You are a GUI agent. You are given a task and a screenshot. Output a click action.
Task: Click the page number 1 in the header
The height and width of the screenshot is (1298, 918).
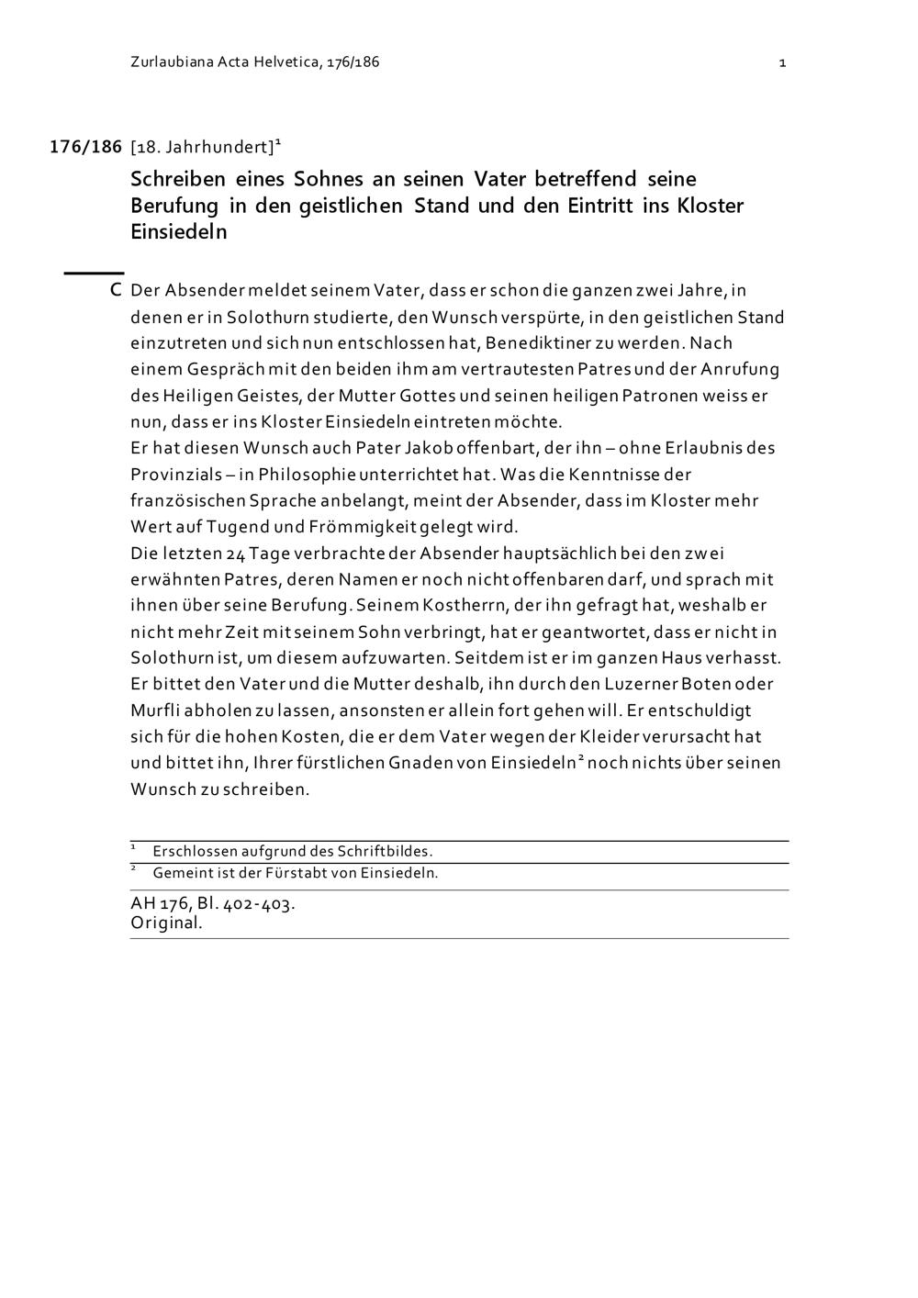[x=782, y=62]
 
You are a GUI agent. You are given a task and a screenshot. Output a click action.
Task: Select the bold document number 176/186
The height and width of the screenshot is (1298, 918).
[x=85, y=147]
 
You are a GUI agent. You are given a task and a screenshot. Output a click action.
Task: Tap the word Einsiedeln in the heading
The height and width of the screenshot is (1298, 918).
[x=178, y=231]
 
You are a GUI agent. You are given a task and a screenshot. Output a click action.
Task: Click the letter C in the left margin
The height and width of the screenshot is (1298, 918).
[x=116, y=291]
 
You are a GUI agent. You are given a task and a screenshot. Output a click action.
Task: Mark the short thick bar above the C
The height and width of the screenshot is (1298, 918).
[x=94, y=273]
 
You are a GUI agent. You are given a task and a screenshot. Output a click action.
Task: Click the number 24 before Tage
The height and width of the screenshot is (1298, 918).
[x=235, y=554]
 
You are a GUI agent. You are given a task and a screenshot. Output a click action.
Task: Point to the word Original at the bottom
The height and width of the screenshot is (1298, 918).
[x=166, y=923]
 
